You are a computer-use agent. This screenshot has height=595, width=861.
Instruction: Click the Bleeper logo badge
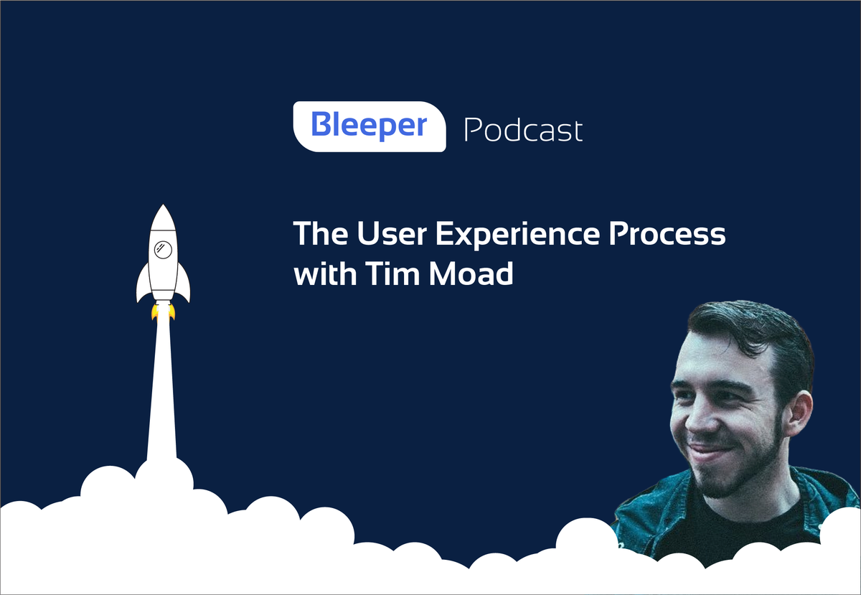tap(369, 126)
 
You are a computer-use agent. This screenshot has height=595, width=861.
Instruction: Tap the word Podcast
tap(523, 130)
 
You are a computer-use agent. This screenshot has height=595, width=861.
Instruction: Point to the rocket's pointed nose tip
tap(164, 207)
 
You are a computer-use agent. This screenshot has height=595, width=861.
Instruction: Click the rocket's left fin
tap(143, 286)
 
